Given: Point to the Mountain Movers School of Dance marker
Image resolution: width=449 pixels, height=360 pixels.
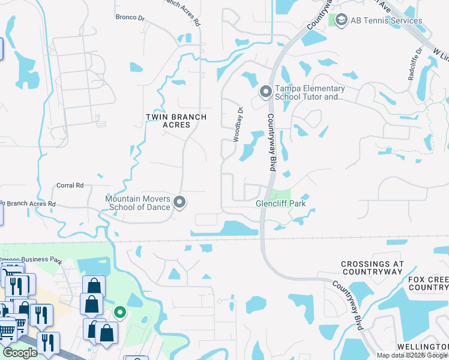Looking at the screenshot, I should (x=179, y=203).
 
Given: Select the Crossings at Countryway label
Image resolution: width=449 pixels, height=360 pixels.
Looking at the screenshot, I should (x=371, y=268).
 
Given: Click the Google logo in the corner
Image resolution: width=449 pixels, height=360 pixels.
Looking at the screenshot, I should (x=20, y=353).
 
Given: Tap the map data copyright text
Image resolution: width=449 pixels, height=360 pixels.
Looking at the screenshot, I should (x=412, y=355).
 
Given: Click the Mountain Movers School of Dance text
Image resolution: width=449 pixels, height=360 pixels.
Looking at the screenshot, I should (x=138, y=203).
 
